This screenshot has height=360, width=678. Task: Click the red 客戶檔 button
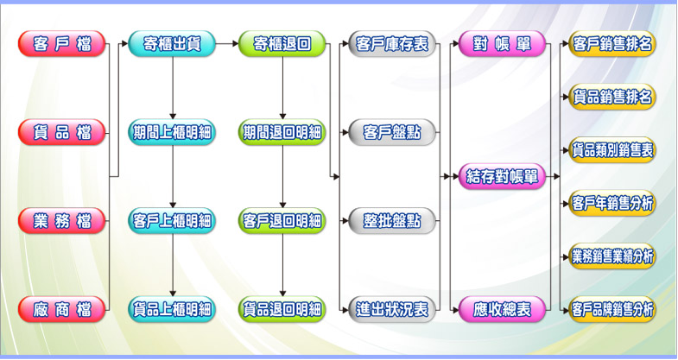[61, 44]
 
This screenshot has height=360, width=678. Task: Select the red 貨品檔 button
[61, 132]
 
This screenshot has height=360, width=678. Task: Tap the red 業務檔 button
[61, 221]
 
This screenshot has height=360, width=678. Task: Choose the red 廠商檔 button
[61, 309]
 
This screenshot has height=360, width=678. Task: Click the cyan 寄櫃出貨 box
[172, 44]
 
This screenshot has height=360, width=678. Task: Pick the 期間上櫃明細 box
[172, 132]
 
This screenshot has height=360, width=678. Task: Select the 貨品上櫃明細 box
[172, 309]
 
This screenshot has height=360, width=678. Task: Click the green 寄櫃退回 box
[282, 44]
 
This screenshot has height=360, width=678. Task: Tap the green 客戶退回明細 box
[282, 221]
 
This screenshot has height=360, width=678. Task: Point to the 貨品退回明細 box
[282, 309]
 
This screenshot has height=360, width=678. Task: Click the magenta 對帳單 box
[502, 44]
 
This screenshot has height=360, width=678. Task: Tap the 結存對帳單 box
[502, 177]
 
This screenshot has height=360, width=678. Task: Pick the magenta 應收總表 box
[502, 309]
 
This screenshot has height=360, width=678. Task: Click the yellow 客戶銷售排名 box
[612, 44]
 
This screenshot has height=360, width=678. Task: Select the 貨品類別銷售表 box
[612, 150]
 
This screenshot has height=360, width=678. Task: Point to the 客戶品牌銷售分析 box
[612, 309]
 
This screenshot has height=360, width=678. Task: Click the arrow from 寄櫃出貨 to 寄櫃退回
[227, 44]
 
